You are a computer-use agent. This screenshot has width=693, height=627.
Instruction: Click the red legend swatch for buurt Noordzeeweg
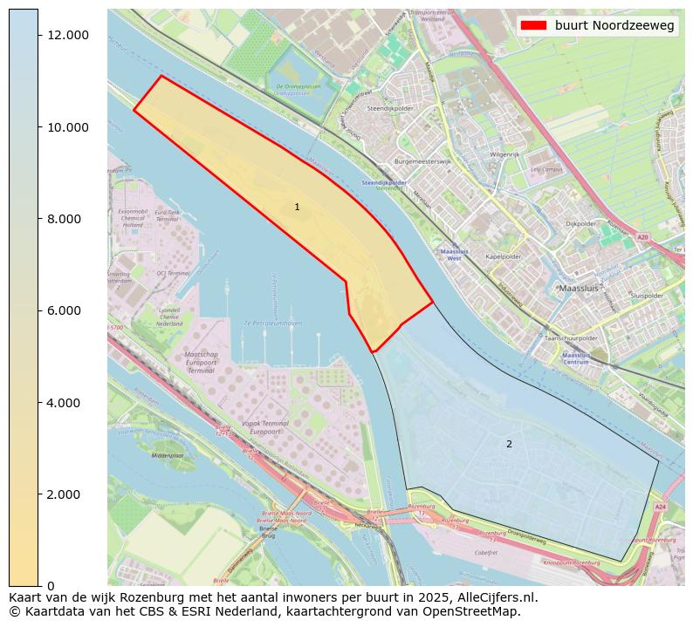pyautogui.click(x=533, y=26)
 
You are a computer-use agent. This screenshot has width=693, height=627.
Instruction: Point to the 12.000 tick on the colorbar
pyautogui.click(x=67, y=35)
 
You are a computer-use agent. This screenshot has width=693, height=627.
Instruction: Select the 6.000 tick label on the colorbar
pyautogui.click(x=67, y=310)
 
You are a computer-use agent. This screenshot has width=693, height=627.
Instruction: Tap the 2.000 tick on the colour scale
pyautogui.click(x=67, y=494)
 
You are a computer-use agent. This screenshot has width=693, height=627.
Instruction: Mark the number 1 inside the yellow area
pyautogui.click(x=297, y=208)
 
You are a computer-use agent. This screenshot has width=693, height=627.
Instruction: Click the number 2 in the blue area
pyautogui.click(x=509, y=445)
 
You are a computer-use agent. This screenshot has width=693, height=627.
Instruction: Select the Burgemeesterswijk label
pyautogui.click(x=422, y=161)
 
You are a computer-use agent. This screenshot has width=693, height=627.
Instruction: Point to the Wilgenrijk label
pyautogui.click(x=504, y=154)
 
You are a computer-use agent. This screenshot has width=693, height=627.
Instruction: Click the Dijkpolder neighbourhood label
pyautogui.click(x=580, y=223)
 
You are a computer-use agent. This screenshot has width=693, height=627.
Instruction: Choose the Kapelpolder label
pyautogui.click(x=503, y=257)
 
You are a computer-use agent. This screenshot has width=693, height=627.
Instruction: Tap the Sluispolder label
pyautogui.click(x=647, y=296)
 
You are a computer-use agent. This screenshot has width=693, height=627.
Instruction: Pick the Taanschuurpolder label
pyautogui.click(x=571, y=337)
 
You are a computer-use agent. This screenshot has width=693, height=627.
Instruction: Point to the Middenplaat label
pyautogui.click(x=168, y=456)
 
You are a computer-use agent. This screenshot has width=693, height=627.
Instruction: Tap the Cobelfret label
pyautogui.click(x=486, y=552)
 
